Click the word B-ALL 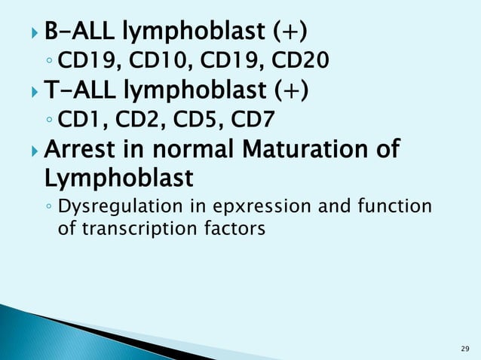click(x=78, y=32)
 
